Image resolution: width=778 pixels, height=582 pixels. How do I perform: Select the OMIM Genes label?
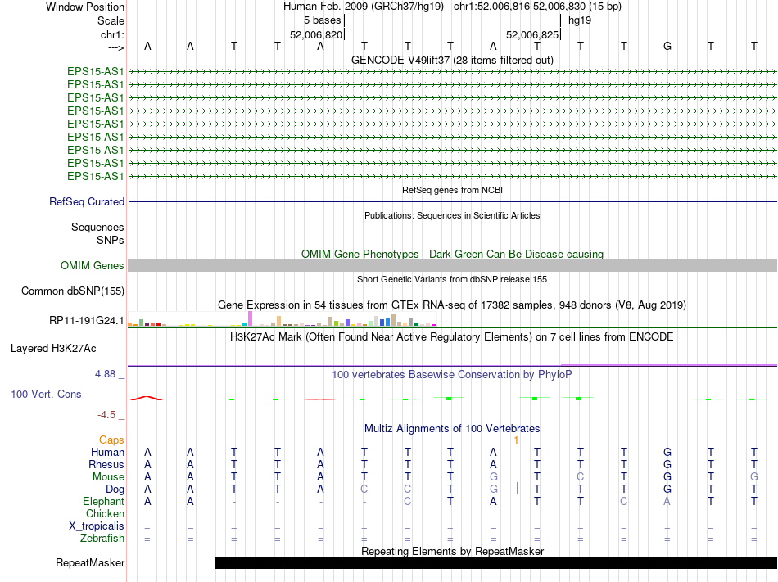93,266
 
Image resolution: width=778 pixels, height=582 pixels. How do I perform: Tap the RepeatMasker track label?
90,563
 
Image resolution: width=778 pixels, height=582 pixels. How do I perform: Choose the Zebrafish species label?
102,539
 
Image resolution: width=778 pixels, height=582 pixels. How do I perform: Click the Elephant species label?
103,502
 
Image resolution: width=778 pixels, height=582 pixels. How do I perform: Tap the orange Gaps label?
111,440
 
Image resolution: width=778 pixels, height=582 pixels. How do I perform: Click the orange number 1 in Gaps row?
516,440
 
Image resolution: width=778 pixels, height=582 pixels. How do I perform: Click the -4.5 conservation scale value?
110,415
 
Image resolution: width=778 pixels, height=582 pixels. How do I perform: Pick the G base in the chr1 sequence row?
667,46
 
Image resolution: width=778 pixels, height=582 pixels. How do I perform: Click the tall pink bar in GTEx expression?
250,318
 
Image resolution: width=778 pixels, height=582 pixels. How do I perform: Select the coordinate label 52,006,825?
532,35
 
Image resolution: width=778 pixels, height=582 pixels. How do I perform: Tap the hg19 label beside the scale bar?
580,20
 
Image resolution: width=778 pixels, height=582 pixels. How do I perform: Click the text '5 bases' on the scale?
321,20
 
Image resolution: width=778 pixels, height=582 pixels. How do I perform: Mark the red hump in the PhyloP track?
145,398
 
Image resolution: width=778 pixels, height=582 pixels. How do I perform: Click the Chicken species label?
105,514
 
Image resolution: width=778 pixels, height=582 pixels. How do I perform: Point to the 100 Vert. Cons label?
46,395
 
